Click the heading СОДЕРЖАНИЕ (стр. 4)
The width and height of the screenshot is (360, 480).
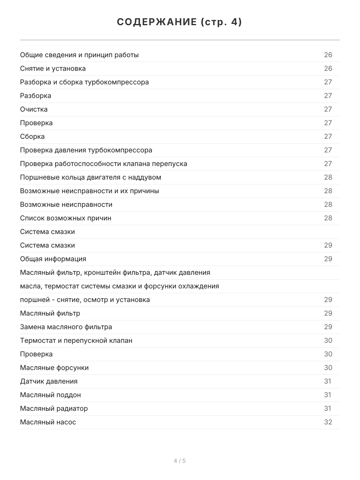(x=180, y=22)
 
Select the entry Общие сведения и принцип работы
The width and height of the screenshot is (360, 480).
(x=79, y=55)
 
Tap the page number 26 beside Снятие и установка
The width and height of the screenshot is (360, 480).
(x=328, y=68)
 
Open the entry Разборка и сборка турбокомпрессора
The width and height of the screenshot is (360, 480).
(x=84, y=82)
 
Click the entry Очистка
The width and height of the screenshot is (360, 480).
(x=34, y=109)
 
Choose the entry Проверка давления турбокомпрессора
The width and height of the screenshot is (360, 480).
(x=86, y=150)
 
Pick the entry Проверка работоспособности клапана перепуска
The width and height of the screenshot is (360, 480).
(x=104, y=164)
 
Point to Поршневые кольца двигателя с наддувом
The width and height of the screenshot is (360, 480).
(x=90, y=177)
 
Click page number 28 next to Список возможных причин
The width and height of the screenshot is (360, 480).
(x=328, y=218)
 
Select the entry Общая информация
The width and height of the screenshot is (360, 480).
(x=53, y=259)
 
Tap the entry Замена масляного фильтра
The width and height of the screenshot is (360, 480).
(x=66, y=327)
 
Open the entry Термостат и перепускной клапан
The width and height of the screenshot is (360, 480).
(x=76, y=340)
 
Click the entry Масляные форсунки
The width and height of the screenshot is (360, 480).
(x=54, y=368)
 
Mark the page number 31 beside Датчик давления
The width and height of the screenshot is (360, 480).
(x=328, y=381)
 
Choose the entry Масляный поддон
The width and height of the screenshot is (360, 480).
(x=50, y=395)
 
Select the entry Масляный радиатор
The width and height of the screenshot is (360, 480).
(x=54, y=408)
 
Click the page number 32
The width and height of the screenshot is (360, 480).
(x=328, y=422)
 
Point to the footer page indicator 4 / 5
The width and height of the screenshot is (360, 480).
(x=180, y=461)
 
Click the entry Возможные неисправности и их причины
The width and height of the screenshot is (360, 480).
(x=90, y=191)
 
